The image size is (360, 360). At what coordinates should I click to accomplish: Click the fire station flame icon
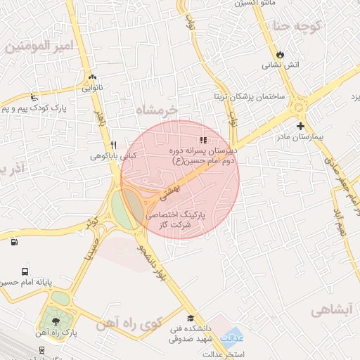281,53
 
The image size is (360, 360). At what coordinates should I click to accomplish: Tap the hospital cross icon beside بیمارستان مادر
301,126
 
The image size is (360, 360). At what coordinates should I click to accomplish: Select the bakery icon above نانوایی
92,77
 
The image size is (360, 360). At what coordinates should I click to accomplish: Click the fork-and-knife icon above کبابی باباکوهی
112,144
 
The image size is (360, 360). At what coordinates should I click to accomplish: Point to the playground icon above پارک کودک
33,98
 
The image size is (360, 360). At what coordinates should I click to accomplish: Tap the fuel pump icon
14,243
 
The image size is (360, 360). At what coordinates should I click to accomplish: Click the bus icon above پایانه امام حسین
25,271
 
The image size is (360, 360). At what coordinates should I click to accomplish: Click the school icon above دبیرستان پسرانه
203,140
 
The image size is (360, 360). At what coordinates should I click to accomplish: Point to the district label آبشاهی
333,309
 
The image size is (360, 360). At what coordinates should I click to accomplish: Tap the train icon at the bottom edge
42,349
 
